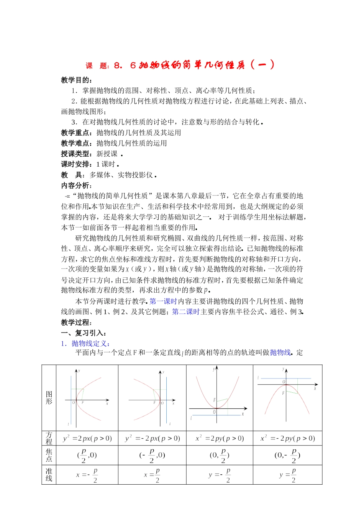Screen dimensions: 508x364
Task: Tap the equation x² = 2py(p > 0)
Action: (220, 438)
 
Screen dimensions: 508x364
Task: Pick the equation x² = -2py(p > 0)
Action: (287, 438)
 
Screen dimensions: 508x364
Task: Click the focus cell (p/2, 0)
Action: (87, 455)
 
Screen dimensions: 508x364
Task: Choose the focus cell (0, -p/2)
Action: (287, 455)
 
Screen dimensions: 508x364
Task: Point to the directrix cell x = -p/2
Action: (87, 475)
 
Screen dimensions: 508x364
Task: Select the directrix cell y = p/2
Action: (287, 475)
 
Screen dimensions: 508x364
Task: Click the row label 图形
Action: (49, 398)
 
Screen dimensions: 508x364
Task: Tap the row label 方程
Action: (49, 438)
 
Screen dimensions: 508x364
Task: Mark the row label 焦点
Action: (49, 455)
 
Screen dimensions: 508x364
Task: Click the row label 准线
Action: (49, 475)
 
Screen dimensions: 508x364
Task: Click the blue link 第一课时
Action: (163, 301)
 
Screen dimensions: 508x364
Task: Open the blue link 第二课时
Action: (186, 312)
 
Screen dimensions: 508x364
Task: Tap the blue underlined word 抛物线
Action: (280, 352)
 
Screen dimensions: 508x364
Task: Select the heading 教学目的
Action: (75, 80)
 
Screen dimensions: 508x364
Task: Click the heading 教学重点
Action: (75, 133)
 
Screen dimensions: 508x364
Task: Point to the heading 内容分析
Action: (75, 185)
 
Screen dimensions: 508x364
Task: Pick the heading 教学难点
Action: (75, 143)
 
